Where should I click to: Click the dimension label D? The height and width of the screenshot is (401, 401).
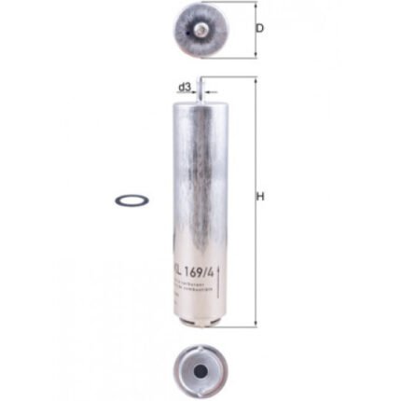point(259,28)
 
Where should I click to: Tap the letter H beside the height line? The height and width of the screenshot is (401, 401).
point(260,197)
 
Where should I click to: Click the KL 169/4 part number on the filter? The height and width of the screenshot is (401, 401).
point(201,271)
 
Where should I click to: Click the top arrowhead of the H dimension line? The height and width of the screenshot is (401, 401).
point(253,81)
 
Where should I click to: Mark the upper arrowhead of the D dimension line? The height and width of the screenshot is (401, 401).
point(253,6)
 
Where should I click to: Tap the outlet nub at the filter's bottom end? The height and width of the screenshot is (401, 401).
point(200,324)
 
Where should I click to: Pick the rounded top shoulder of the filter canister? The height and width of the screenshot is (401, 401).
point(200,100)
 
